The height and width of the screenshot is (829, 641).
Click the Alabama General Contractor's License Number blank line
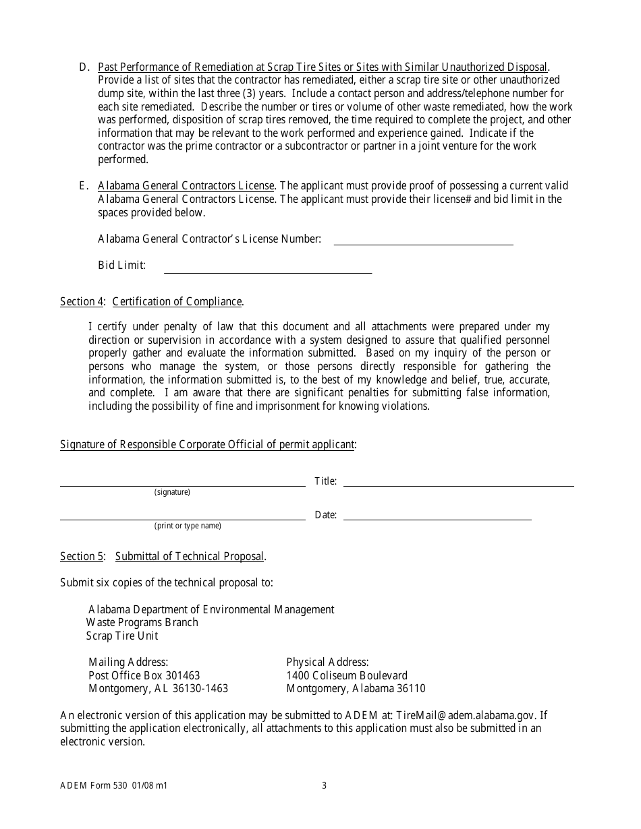click(423, 243)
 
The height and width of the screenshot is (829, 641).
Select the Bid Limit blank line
click(268, 272)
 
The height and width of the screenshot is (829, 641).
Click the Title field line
click(458, 485)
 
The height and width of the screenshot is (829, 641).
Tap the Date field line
click(437, 518)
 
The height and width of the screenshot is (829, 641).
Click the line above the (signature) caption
click(182, 485)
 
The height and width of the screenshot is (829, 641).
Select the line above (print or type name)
click(182, 518)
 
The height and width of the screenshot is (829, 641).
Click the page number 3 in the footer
click(324, 785)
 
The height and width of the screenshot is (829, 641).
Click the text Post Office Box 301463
click(144, 675)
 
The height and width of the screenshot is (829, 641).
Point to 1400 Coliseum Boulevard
click(347, 675)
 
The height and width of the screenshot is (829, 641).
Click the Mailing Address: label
click(128, 663)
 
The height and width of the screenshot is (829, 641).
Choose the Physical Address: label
click(327, 663)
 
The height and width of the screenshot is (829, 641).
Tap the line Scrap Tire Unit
click(122, 636)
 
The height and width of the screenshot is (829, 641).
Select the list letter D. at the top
click(84, 67)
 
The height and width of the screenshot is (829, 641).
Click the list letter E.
click(84, 186)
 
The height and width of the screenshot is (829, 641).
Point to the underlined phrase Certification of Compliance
click(177, 302)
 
